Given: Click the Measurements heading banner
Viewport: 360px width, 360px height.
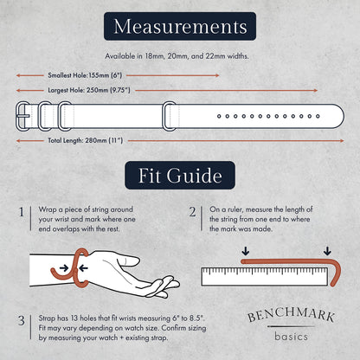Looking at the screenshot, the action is click(180, 26).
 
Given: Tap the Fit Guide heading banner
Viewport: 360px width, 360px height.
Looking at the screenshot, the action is click(180, 176).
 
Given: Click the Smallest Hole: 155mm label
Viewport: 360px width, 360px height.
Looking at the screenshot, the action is click(85, 75).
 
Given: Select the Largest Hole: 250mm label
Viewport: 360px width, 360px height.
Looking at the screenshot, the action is click(89, 90).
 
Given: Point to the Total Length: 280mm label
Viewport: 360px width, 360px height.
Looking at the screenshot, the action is click(86, 141).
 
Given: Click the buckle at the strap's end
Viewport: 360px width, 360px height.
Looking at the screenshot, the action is click(22, 116).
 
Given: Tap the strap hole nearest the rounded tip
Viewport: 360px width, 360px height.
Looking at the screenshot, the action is click(318, 116).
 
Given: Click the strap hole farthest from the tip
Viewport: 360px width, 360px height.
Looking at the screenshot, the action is click(219, 116).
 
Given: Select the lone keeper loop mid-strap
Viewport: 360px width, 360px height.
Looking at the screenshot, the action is click(170, 116).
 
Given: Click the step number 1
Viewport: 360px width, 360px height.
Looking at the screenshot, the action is click(22, 212).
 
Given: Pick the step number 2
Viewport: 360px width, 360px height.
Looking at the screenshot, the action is click(192, 212).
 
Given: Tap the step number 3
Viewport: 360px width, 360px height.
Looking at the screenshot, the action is click(22, 320).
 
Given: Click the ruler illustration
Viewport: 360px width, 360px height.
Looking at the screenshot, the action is click(265, 277).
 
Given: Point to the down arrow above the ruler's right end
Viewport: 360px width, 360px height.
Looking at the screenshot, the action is click(327, 251).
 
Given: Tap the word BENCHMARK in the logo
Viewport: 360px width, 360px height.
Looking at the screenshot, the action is click(291, 315).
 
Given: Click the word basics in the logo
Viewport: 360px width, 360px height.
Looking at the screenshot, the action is click(291, 337).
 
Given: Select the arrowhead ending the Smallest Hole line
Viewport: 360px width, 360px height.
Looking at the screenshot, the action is click(217, 75).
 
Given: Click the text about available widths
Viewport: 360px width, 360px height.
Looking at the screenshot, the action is click(177, 56).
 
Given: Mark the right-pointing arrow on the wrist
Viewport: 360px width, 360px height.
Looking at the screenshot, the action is click(64, 268).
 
